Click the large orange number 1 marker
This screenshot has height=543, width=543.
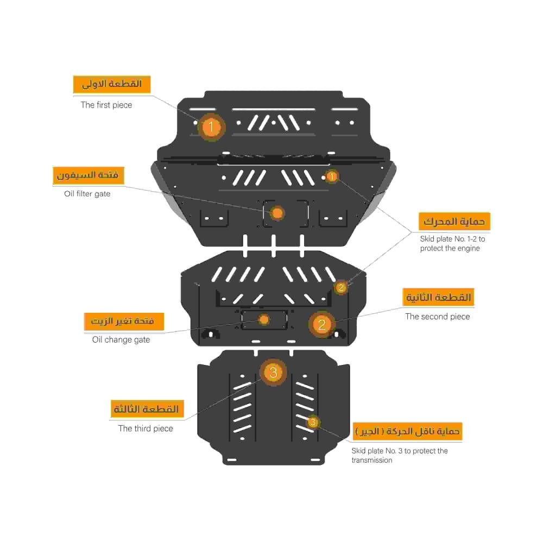[x=211, y=127]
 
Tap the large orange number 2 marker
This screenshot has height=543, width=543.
[x=321, y=325]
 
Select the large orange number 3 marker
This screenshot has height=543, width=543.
[x=273, y=372]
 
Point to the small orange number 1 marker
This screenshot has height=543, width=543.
[x=332, y=176]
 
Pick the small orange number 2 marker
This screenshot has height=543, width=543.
[x=341, y=287]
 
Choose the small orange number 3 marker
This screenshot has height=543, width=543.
[x=313, y=422]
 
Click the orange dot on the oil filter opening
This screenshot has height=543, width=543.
[x=277, y=213]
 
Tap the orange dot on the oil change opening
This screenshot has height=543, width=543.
[x=264, y=319]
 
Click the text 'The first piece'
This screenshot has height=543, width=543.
[x=106, y=105]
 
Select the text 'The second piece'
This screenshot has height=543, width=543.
[x=437, y=317]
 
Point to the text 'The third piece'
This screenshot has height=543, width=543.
[x=146, y=428]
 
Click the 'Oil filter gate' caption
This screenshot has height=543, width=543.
[x=87, y=194]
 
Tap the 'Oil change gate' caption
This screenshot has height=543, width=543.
[x=121, y=340]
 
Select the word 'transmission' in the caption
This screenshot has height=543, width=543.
[x=371, y=460]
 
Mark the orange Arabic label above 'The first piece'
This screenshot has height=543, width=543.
[x=112, y=85]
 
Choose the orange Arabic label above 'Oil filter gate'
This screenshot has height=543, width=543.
[x=89, y=175]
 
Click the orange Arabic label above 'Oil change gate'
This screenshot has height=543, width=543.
[x=124, y=321]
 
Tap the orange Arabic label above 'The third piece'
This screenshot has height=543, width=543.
[x=147, y=409]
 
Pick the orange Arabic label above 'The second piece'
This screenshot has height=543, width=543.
[x=438, y=298]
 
